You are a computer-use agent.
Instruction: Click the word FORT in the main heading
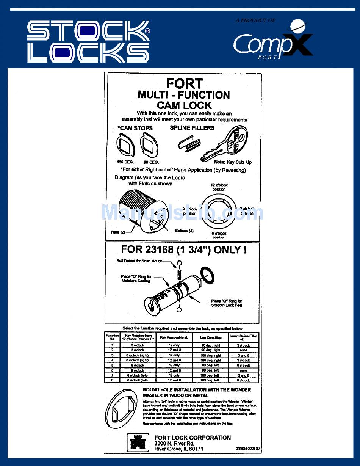click(185, 83)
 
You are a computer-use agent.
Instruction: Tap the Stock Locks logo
click(88, 42)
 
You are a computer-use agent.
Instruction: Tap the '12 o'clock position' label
click(219, 187)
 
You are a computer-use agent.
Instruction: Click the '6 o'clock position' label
click(219, 235)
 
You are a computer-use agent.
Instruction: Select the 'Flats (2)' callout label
click(118, 232)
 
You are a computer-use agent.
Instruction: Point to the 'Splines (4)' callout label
click(184, 231)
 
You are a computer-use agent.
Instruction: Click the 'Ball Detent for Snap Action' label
click(139, 261)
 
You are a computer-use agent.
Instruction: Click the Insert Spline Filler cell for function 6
click(243, 370)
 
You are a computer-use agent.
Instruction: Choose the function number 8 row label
click(112, 380)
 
